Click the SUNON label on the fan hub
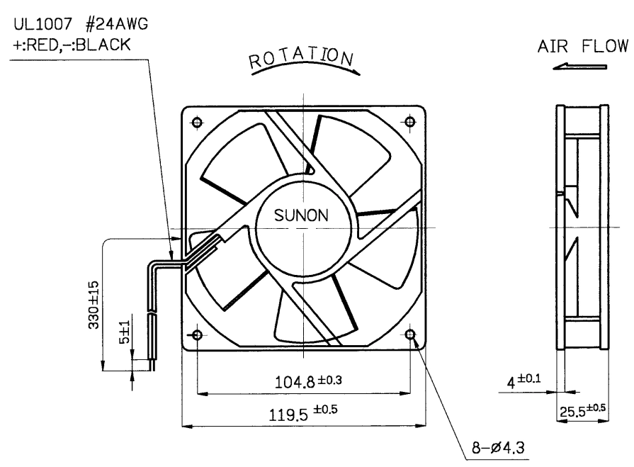click(x=301, y=215)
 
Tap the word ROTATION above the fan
click(x=302, y=58)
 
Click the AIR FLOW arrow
click(x=579, y=67)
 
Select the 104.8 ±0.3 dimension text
click(x=308, y=381)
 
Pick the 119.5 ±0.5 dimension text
click(x=303, y=413)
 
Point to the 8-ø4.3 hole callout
click(x=498, y=448)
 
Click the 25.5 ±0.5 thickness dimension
click(x=583, y=410)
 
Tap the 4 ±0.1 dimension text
click(x=523, y=381)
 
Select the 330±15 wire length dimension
click(x=94, y=305)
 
